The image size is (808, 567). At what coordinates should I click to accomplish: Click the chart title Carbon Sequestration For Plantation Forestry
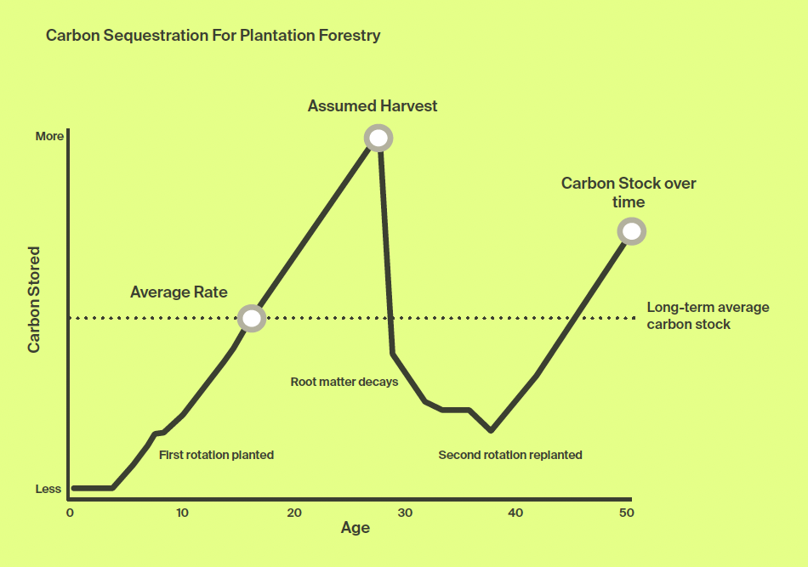[213, 36]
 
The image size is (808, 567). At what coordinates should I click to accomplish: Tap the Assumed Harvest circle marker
[378, 138]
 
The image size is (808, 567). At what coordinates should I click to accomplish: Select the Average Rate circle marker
[252, 318]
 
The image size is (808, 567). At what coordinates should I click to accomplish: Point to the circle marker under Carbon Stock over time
[631, 231]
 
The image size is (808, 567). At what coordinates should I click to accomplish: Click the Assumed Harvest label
[372, 106]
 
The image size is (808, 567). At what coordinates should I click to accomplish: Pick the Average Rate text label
[179, 292]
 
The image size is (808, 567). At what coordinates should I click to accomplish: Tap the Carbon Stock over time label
[629, 193]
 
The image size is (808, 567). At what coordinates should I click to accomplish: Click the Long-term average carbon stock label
[708, 315]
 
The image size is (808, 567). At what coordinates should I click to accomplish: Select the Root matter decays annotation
[344, 383]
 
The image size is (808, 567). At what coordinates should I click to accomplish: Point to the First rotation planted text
[216, 455]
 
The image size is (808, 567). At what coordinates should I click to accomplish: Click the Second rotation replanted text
[510, 455]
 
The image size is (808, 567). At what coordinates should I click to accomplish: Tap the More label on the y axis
[49, 136]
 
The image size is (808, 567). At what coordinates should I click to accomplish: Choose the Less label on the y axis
[48, 489]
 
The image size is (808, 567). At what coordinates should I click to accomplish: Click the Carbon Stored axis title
[33, 300]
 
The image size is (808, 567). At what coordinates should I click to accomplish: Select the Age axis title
[355, 528]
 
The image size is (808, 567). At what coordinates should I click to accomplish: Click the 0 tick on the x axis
[70, 513]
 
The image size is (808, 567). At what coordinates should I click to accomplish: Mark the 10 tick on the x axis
[182, 513]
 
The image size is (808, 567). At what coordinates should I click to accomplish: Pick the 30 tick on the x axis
[405, 513]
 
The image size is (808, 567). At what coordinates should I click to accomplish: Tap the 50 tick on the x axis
[627, 513]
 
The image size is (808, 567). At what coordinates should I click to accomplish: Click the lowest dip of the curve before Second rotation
[491, 430]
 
